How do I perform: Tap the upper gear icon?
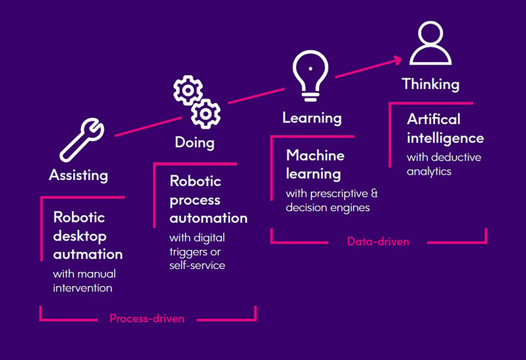188,90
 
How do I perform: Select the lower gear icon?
206,114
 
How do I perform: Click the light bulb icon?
310,76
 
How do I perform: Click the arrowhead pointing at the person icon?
397,60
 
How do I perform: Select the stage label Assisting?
78,175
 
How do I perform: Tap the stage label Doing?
195,143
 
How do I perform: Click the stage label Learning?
312,118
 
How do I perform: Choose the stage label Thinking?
431,84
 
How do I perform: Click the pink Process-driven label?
147,318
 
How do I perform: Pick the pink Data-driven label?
378,241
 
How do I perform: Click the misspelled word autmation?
88,254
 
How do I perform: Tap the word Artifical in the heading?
434,119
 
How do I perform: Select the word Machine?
316,155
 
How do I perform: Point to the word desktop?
80,237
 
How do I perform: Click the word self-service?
197,266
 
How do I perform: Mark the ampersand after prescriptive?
374,193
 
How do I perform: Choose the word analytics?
429,172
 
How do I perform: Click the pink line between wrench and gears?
148,127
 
